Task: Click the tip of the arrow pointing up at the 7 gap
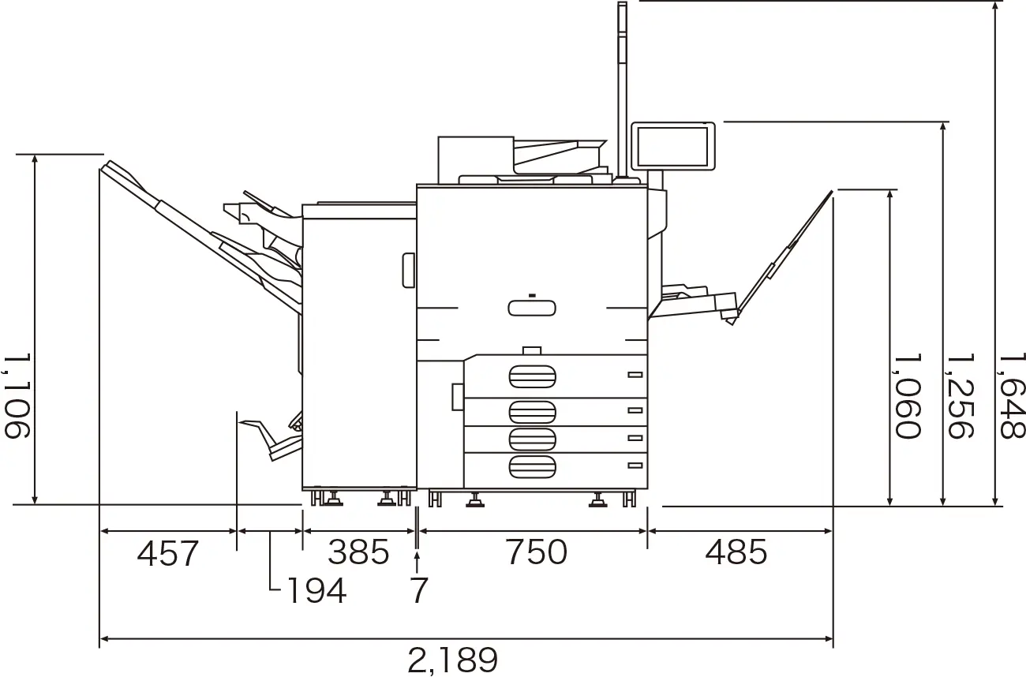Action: click(x=417, y=553)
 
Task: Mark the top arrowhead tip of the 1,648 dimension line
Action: click(x=995, y=2)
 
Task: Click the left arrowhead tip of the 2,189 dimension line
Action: click(x=100, y=638)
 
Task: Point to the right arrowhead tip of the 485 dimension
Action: click(x=832, y=531)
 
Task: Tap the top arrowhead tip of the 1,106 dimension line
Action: click(x=35, y=155)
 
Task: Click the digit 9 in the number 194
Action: click(x=316, y=590)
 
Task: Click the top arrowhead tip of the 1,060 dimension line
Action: click(x=889, y=189)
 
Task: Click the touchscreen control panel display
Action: click(x=673, y=146)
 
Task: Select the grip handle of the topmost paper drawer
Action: click(x=532, y=376)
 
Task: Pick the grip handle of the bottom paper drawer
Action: click(x=532, y=467)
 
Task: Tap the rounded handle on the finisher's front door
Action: click(x=408, y=271)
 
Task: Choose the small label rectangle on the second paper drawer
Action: click(x=635, y=410)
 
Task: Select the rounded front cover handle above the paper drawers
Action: click(x=532, y=309)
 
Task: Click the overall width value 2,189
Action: click(x=452, y=660)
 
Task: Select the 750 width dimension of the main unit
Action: click(x=537, y=552)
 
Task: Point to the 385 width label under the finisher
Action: click(x=358, y=552)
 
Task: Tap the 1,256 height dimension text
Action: click(x=960, y=395)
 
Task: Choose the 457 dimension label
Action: click(x=167, y=553)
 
